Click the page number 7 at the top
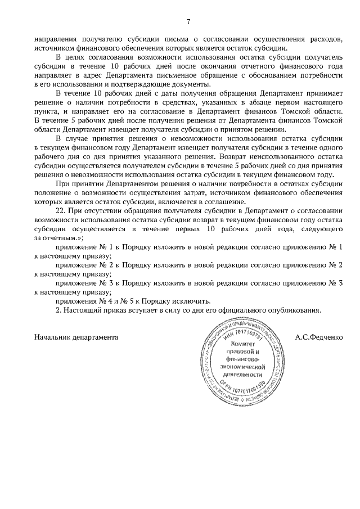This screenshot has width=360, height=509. click(188, 22)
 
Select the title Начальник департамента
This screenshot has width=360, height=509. click(76, 337)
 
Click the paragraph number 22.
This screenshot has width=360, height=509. click(62, 209)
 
